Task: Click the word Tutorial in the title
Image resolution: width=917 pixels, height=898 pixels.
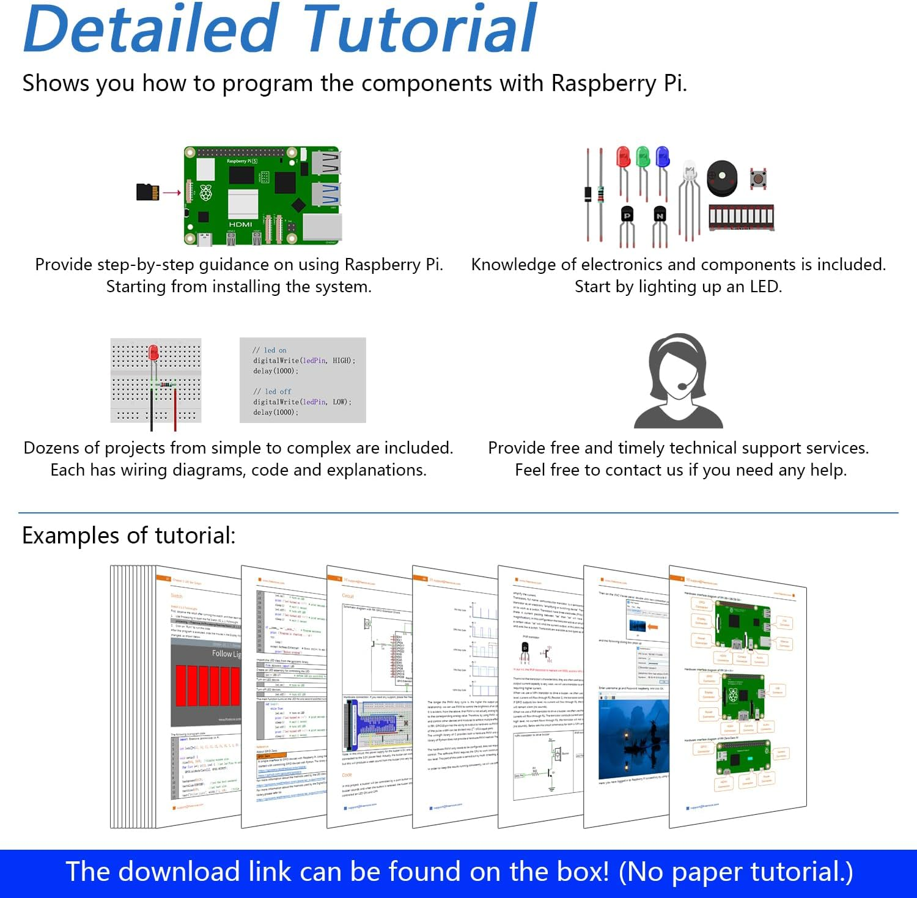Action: (x=419, y=29)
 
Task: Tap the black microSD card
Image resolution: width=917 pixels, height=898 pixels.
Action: (x=147, y=192)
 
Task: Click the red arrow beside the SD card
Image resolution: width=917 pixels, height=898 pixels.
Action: (x=172, y=193)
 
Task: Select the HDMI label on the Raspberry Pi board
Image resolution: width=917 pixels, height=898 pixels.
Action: (x=240, y=224)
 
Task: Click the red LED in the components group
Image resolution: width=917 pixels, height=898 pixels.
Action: (x=623, y=157)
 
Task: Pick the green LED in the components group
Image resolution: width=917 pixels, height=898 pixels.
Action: (x=643, y=157)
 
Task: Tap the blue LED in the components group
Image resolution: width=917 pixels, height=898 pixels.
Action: (x=662, y=157)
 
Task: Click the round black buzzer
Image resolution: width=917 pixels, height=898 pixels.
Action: (x=722, y=178)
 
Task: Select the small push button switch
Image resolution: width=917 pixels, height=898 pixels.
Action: (x=758, y=178)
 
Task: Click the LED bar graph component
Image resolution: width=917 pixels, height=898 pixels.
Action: (x=741, y=217)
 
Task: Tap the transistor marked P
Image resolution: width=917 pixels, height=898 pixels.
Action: (x=627, y=216)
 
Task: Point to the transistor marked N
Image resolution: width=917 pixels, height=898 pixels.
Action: (x=660, y=216)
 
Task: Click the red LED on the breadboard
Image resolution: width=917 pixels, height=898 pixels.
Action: (x=153, y=353)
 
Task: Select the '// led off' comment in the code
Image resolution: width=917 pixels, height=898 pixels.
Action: (x=272, y=391)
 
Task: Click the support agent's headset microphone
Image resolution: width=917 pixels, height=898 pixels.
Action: (x=682, y=386)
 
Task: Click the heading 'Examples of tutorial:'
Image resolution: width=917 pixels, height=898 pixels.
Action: (x=128, y=535)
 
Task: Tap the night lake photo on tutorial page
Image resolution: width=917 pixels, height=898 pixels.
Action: (x=633, y=737)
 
